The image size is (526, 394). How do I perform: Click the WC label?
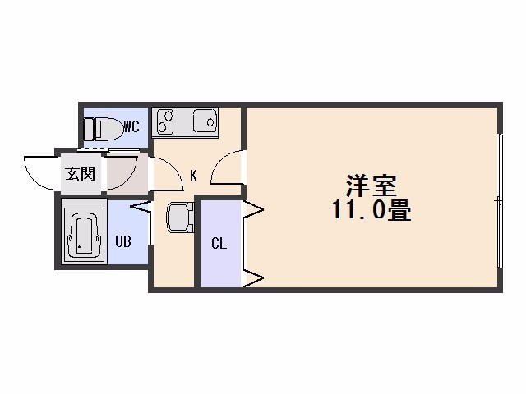click(131, 126)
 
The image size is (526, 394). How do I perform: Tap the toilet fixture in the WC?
click(102, 129)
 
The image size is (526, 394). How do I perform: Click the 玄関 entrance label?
click(81, 173)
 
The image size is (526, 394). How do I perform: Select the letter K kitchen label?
click(194, 176)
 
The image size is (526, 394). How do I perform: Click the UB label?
click(123, 241)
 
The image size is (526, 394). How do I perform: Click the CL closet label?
click(219, 244)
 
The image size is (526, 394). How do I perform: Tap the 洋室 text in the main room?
click(371, 186)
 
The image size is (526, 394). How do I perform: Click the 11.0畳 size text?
click(371, 209)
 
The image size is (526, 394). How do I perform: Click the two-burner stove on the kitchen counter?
click(165, 121)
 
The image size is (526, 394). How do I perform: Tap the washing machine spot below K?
click(180, 218)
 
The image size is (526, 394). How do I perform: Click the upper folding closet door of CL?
click(252, 210)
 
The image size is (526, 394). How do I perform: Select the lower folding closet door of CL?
click(252, 277)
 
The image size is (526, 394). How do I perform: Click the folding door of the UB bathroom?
click(141, 207)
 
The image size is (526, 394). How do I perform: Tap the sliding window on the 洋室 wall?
click(501, 200)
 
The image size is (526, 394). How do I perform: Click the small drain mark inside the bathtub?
click(80, 247)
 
